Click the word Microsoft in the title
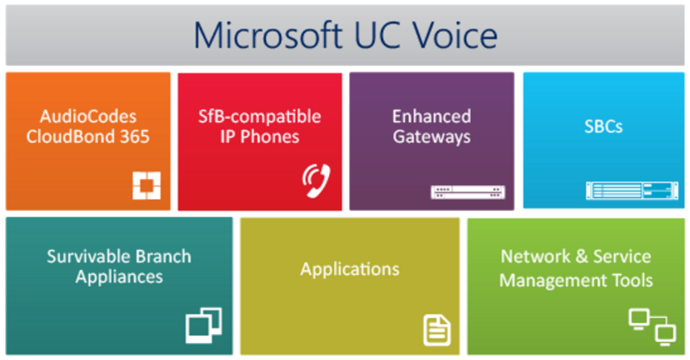tap(268, 34)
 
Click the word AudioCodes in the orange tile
tap(88, 117)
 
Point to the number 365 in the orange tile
tap(135, 136)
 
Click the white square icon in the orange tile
tap(146, 185)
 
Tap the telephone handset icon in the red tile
tap(316, 181)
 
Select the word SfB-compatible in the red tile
tap(260, 117)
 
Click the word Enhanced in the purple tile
tap(432, 117)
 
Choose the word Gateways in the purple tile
tap(432, 137)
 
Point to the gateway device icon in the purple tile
tap(468, 192)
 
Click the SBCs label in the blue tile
tap(603, 127)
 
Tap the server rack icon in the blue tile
tap(632, 191)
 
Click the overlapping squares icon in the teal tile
tap(204, 326)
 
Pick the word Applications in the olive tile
tap(350, 270)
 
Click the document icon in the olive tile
tap(437, 330)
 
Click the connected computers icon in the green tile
tap(652, 326)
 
